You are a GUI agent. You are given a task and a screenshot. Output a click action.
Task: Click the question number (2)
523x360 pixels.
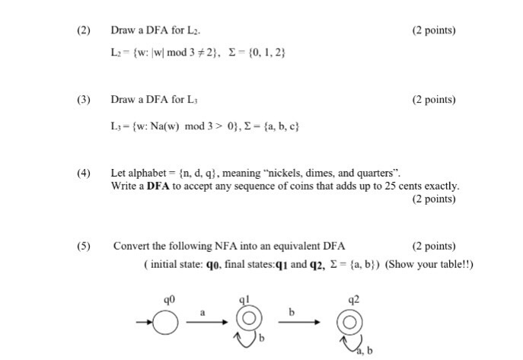83,30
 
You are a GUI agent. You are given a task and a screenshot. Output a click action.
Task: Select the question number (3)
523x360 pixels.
83,100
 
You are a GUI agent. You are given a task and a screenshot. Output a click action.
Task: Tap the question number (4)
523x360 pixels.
83,174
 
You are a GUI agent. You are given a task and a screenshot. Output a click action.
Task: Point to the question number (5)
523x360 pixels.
83,246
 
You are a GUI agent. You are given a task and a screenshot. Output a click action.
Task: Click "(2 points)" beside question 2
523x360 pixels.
433,30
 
